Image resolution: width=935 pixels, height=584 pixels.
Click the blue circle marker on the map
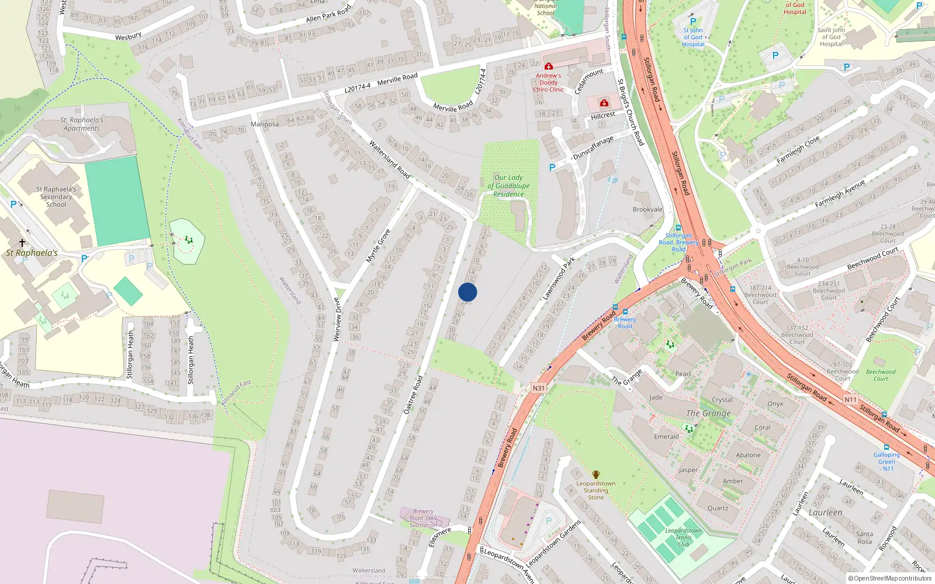coord(467,292)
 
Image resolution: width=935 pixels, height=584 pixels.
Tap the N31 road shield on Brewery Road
coord(538,388)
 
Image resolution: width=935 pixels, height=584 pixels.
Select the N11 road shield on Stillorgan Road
coord(850,400)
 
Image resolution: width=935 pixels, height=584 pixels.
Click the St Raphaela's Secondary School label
coord(56,197)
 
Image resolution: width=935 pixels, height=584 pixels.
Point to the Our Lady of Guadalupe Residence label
coord(508,186)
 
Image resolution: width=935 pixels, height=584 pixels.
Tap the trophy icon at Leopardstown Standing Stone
coord(595,475)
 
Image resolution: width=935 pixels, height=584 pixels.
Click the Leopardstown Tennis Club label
coord(683,538)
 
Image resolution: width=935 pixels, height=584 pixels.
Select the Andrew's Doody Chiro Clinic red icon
coord(548,66)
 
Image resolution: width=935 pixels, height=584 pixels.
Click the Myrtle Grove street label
coord(378,246)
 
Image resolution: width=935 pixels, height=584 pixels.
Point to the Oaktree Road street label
coord(413,395)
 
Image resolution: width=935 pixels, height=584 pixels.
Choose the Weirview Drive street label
coord(337,319)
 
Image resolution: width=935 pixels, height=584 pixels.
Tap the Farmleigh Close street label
coord(798,150)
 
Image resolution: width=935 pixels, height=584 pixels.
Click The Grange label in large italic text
coord(708,413)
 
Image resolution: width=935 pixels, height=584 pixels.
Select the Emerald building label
coord(666,437)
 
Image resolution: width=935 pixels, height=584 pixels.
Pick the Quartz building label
coord(718,508)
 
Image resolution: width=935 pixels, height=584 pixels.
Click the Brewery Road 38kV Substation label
coord(423,518)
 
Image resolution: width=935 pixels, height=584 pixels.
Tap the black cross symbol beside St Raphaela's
coord(22,242)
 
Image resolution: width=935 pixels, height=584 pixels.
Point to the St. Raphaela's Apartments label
coord(82,124)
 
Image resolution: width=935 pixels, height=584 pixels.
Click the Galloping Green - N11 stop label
coord(886,461)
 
